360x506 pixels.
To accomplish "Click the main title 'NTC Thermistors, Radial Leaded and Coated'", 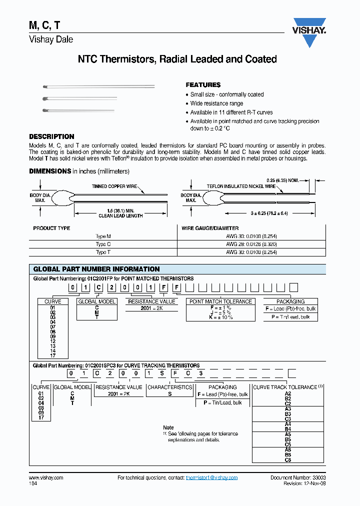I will coord(177,59).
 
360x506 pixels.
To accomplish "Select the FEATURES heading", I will coord(203,85).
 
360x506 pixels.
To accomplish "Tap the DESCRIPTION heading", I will coord(51,136).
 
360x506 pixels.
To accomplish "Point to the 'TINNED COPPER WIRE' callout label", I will coord(114,186).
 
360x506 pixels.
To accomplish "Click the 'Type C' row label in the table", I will coord(103,244).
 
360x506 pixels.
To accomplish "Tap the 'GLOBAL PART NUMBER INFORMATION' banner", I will coord(96,269).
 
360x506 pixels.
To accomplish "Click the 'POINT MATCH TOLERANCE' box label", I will coord(220,301).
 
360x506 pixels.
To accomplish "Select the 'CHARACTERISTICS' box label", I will coord(169,387).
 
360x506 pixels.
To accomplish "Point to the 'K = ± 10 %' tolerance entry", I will coord(220,317).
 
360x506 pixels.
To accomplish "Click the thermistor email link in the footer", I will coord(211,477).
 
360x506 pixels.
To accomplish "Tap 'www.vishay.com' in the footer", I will coord(46,477).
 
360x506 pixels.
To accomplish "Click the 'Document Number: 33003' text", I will coord(298,477).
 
